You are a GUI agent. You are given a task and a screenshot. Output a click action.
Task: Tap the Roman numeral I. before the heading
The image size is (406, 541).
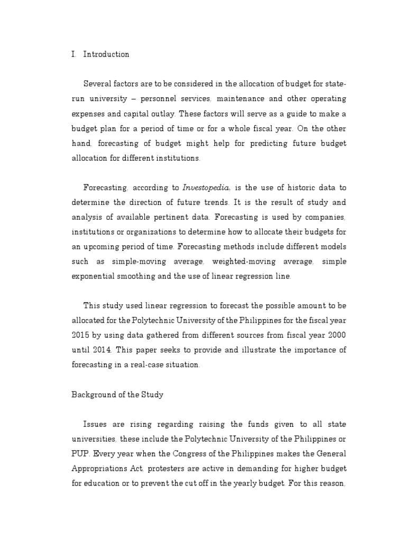pos(74,54)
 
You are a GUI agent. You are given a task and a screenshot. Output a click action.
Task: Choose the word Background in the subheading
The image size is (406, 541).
pos(93,395)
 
